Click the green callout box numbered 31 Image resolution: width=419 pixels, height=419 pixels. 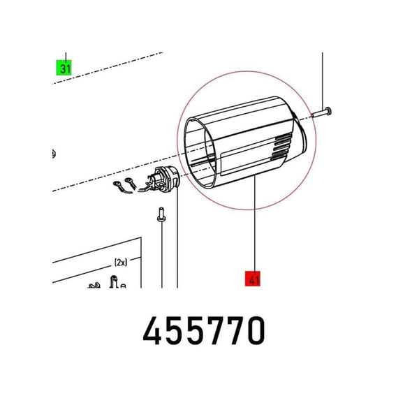point(64,68)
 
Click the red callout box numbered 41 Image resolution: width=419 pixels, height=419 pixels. point(253,279)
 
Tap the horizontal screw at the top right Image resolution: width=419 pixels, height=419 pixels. point(321,112)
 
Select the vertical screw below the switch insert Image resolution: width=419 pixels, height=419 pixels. point(161,214)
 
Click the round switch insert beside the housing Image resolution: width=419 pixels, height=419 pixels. point(168,179)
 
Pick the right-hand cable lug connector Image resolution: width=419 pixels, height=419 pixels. point(131,183)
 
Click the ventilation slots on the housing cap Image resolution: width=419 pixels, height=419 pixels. point(280,148)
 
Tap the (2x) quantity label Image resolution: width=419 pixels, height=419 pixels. point(121,263)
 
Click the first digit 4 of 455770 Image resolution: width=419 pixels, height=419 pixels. point(152,330)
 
